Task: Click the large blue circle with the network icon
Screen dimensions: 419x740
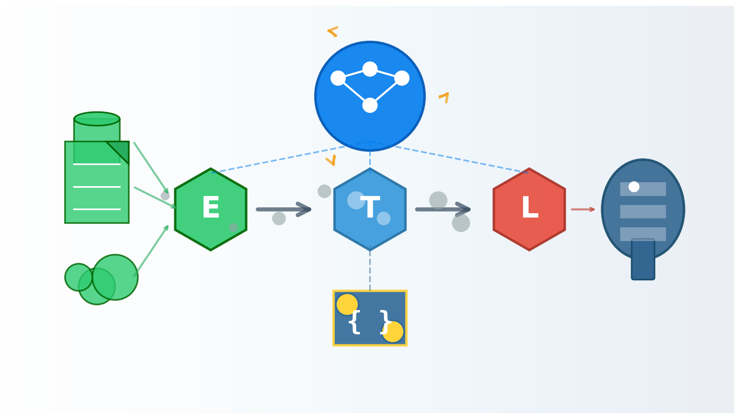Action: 370,125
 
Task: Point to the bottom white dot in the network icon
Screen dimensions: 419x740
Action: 370,105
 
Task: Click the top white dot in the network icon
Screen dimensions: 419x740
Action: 370,69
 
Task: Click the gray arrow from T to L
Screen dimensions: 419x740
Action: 442,209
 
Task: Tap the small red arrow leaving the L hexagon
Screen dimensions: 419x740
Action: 583,209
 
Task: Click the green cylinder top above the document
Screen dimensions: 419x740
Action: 97,119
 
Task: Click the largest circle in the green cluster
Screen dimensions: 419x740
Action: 115,277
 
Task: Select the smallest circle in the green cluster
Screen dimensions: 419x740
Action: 78,277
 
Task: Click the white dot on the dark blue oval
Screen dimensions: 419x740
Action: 634,187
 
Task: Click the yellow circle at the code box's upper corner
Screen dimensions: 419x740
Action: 347,304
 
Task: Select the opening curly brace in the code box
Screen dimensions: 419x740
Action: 354,322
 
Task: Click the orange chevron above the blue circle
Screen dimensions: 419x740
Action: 333,31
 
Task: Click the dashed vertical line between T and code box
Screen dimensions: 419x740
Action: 370,270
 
